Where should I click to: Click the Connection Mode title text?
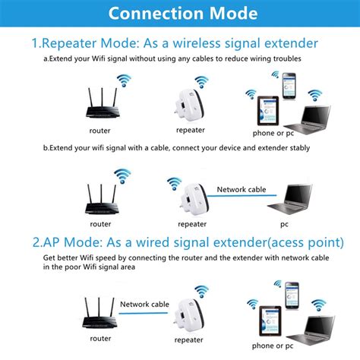[x=180, y=14]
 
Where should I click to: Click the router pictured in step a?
[x=101, y=109]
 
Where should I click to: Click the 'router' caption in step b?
[x=101, y=224]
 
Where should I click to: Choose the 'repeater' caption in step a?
[x=191, y=130]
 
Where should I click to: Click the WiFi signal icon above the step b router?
[x=122, y=177]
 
